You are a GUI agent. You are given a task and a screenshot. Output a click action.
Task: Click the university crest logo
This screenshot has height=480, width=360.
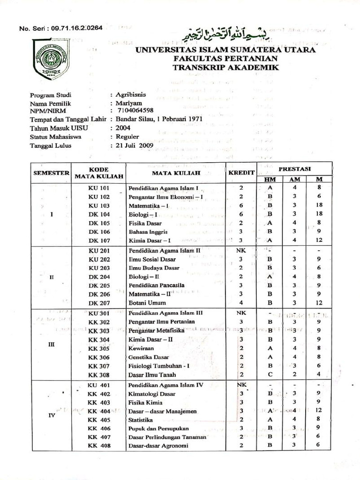point(50,60)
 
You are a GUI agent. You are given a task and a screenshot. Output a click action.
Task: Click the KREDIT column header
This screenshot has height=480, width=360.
point(241,172)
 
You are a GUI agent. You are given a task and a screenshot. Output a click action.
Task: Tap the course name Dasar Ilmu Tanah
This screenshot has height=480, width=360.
point(152,375)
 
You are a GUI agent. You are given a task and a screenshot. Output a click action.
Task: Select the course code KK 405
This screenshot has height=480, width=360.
point(98,420)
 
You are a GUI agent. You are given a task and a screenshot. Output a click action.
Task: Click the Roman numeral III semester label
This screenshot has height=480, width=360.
point(52,344)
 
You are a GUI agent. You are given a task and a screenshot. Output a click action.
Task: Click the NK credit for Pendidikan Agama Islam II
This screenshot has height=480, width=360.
point(240,250)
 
